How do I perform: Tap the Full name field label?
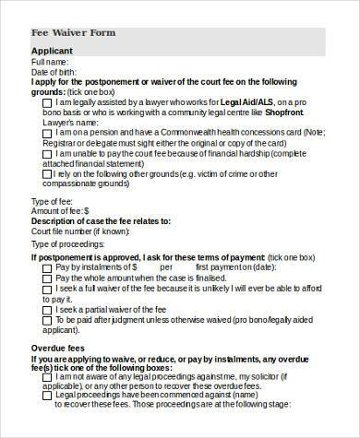click(x=51, y=61)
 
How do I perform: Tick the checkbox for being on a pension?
click(x=47, y=132)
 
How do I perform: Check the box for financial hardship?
click(x=47, y=154)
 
